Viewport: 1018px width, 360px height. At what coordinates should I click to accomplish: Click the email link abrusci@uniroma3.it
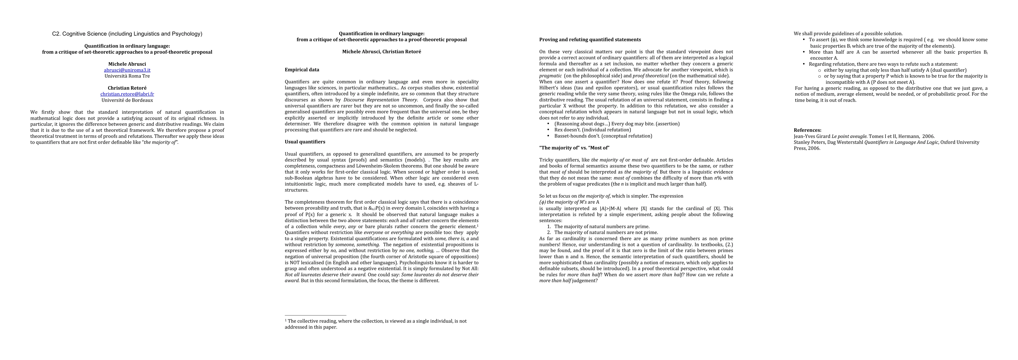pos(127,70)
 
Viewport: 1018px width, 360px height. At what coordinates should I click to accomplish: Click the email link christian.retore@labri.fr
pos(127,94)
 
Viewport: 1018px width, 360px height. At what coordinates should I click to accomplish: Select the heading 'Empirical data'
pos(302,70)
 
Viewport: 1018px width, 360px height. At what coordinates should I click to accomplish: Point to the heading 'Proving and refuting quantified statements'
pos(590,40)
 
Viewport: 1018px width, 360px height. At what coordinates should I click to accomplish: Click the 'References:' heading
pos(807,130)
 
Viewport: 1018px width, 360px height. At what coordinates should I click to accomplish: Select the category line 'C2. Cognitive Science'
pos(127,34)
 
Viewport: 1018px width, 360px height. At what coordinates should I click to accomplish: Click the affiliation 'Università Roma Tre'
pos(127,76)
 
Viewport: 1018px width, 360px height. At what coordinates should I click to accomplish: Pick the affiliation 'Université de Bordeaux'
pos(127,100)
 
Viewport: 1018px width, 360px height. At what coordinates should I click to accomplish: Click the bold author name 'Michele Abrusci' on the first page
pos(127,64)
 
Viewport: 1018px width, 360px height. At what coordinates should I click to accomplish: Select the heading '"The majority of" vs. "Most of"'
pos(574,148)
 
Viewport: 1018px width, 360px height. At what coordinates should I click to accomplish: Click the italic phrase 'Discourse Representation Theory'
pos(380,100)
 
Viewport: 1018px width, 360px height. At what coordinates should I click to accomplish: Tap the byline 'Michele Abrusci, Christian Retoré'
pos(381,52)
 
